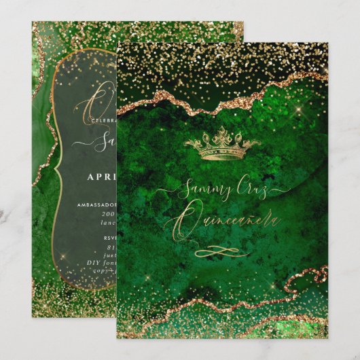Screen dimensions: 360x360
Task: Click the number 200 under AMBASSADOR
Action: point(108,213)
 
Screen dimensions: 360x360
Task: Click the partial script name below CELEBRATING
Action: point(105,143)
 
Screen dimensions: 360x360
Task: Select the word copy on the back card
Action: point(101,270)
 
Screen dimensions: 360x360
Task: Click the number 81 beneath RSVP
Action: point(110,247)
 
